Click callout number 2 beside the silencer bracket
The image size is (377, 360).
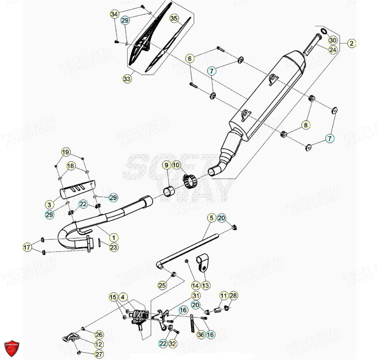point(351,43)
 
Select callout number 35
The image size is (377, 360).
point(174,19)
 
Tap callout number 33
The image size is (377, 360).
point(127,79)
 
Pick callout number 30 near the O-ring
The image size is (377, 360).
point(333,40)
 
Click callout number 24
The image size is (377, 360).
point(333,50)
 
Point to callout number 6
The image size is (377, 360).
point(190,58)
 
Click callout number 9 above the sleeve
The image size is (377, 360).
point(166,165)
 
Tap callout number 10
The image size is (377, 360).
point(176,165)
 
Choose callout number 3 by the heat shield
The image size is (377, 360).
point(50,204)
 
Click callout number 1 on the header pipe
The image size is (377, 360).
point(113,238)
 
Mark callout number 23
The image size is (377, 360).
point(113,248)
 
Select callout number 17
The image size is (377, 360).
point(27,248)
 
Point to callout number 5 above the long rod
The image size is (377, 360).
point(211,218)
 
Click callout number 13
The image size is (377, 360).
point(206,285)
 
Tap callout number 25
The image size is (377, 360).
point(162,285)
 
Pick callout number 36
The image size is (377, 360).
point(200,334)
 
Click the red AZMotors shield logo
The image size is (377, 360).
point(11,347)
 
